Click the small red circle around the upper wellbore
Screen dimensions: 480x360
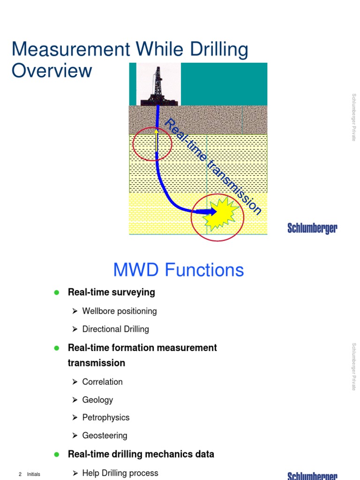152,143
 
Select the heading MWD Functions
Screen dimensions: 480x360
179,270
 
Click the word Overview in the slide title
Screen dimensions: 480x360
52,71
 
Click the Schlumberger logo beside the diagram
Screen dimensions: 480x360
312,229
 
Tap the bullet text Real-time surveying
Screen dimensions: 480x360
111,292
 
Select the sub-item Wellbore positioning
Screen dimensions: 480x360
119,311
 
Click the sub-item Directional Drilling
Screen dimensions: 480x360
115,329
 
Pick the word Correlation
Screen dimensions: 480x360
102,382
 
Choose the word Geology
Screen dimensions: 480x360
97,400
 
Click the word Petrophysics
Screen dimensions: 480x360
105,417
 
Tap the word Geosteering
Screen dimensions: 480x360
105,435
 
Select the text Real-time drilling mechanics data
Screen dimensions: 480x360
141,454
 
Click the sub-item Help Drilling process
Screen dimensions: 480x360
120,473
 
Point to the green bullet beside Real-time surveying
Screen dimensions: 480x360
57,292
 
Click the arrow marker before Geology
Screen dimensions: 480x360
75,400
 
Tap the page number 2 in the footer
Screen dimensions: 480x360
20,474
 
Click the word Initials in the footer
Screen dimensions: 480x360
33,474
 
